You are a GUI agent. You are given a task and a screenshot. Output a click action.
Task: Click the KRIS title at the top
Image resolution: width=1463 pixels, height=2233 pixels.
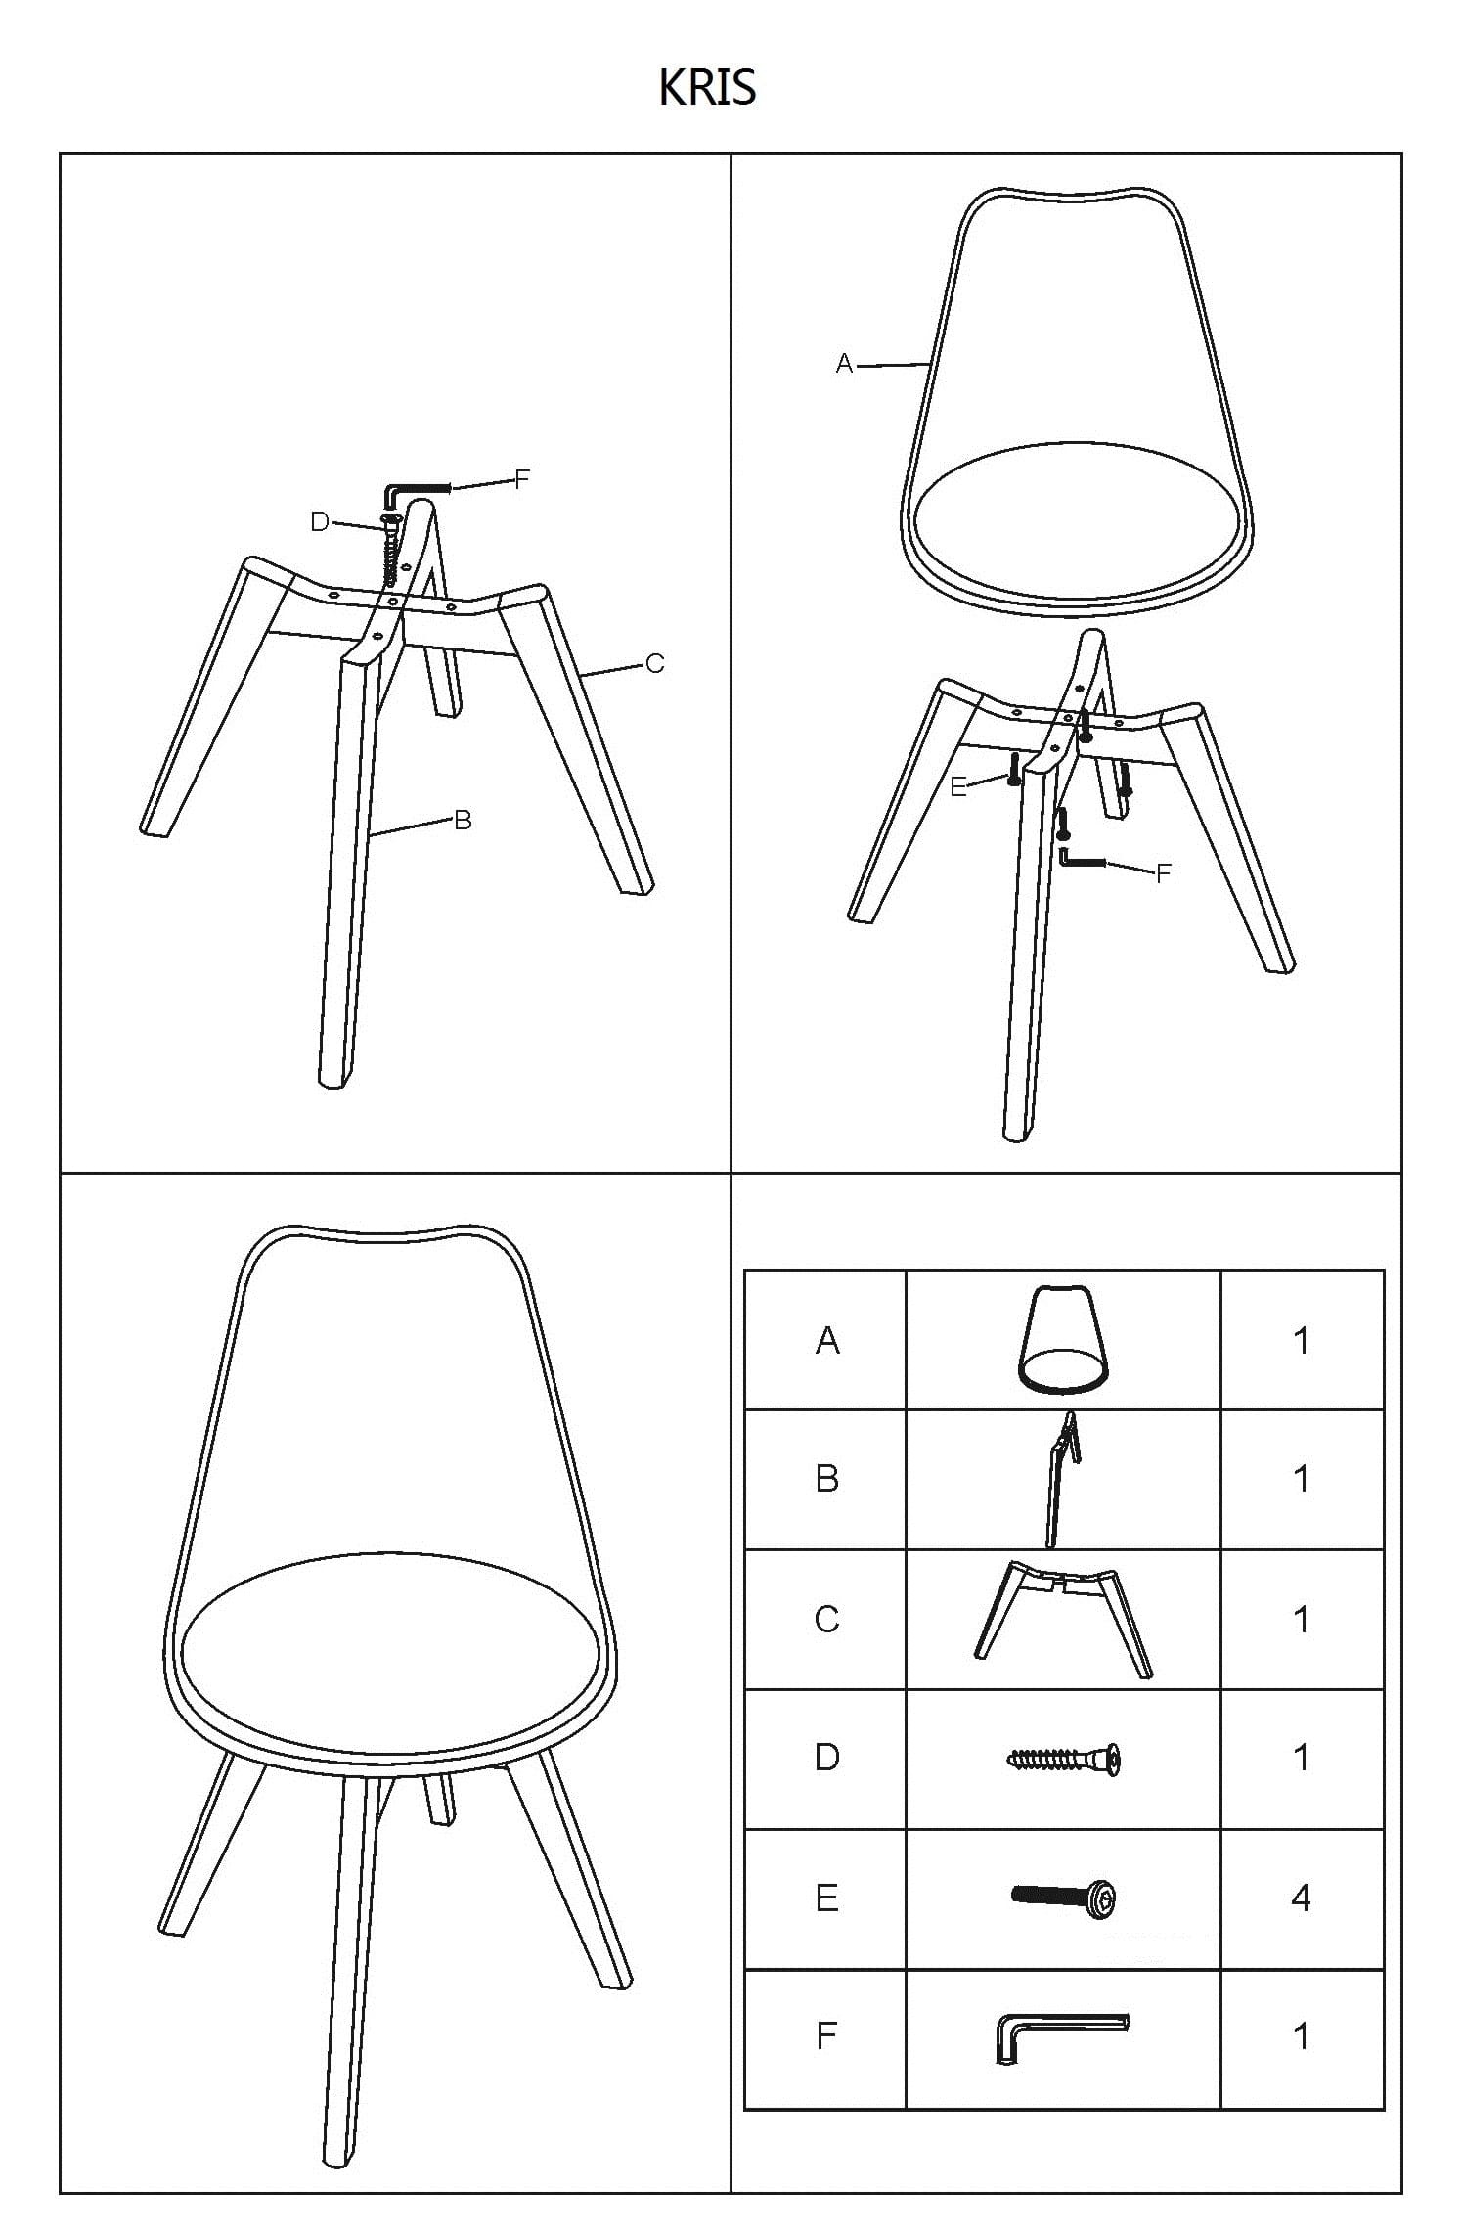pyautogui.click(x=707, y=88)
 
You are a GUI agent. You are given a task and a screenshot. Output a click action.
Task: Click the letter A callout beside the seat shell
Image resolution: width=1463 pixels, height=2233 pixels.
pyautogui.click(x=845, y=364)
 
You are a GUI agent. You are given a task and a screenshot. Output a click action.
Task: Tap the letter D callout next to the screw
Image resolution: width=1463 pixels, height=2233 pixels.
pyautogui.click(x=319, y=522)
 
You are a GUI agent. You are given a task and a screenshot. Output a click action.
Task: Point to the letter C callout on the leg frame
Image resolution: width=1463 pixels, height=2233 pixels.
pyautogui.click(x=654, y=664)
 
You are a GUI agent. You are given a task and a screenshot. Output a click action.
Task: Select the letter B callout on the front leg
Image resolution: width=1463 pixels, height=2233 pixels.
pyautogui.click(x=464, y=821)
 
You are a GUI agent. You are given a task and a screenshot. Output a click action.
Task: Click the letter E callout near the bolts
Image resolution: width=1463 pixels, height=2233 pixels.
pyautogui.click(x=958, y=786)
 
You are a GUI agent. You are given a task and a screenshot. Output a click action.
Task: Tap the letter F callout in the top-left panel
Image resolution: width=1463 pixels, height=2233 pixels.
pyautogui.click(x=522, y=479)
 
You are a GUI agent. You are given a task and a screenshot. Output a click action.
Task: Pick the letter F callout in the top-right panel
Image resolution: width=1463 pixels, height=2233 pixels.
pyautogui.click(x=1163, y=874)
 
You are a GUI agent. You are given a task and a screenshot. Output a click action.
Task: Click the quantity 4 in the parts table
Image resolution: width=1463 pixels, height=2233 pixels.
pyautogui.click(x=1301, y=1898)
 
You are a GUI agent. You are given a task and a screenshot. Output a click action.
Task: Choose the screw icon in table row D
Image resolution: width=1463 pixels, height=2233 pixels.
pyautogui.click(x=1063, y=1759)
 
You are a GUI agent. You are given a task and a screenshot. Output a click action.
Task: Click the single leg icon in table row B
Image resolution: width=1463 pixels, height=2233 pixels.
pyautogui.click(x=1062, y=1479)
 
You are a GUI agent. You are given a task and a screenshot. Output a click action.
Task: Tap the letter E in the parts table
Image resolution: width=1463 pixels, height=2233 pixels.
pyautogui.click(x=826, y=1898)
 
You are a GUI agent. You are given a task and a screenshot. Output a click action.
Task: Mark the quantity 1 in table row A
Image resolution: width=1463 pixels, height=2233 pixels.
pyautogui.click(x=1301, y=1340)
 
